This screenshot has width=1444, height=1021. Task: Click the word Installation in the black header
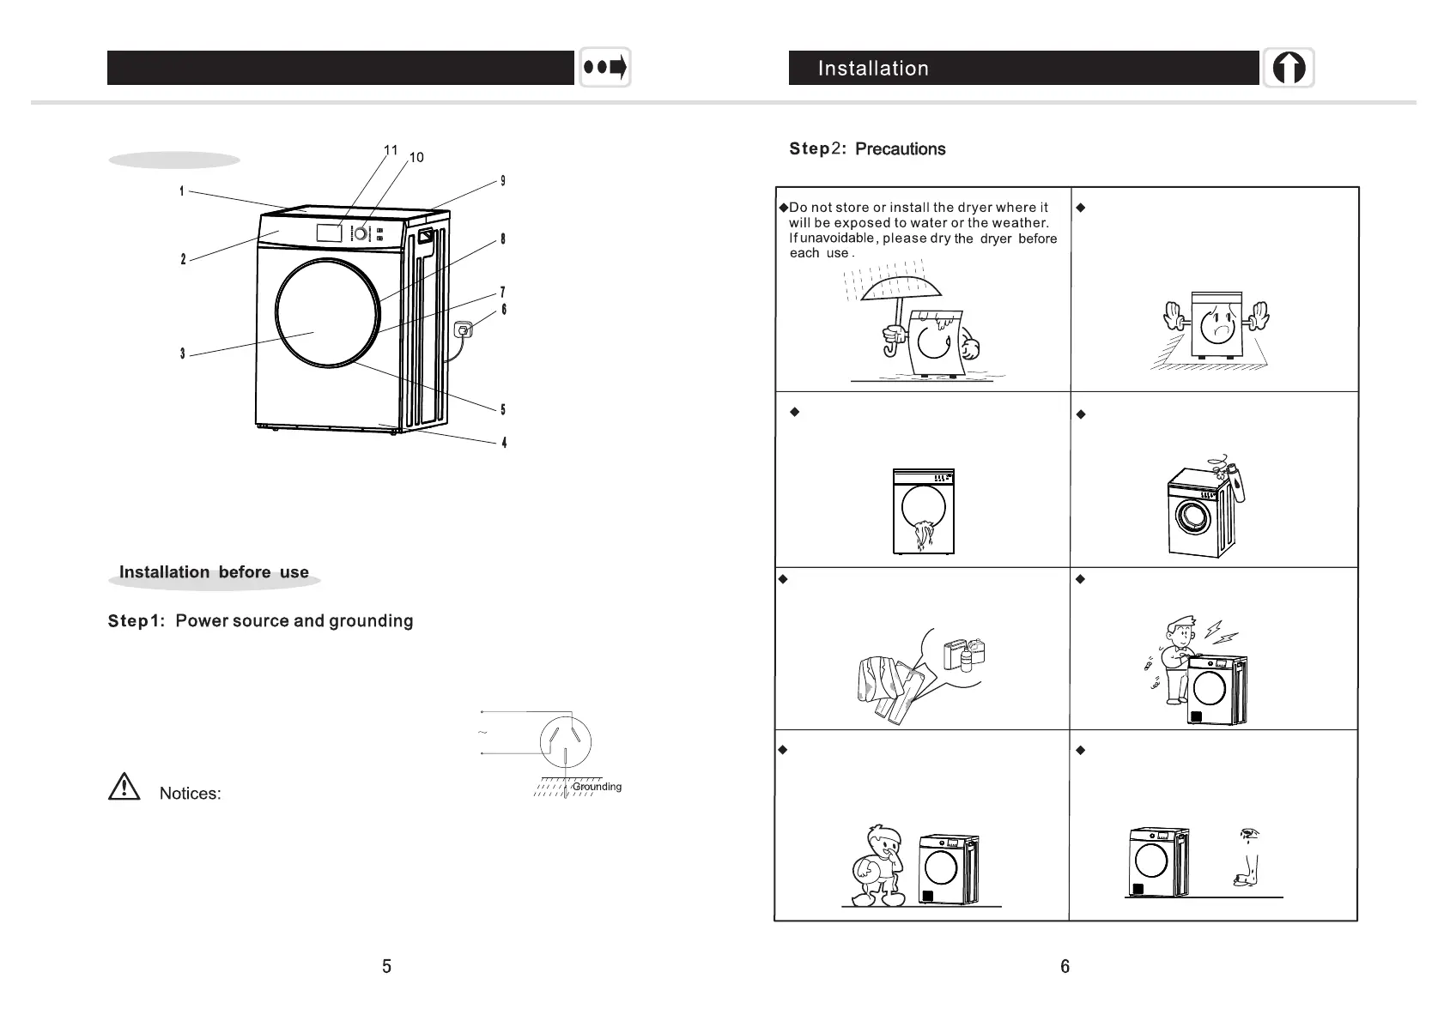[873, 69]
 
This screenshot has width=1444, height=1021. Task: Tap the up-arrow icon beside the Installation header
[1288, 68]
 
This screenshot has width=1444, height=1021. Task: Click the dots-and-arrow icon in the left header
[605, 67]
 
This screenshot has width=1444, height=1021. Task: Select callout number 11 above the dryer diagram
[391, 150]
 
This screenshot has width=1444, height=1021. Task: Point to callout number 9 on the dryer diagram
[503, 181]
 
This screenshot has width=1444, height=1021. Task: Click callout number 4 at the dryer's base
[504, 444]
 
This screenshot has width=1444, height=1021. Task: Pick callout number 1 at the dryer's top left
[182, 191]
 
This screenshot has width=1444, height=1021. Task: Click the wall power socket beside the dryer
[465, 330]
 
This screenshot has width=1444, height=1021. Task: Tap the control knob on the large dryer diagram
[362, 233]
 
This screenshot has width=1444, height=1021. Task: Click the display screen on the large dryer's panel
[330, 233]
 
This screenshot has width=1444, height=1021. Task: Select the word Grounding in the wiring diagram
[597, 787]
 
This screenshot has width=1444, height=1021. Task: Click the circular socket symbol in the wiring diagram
[565, 739]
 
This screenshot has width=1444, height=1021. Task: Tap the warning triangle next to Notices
[124, 787]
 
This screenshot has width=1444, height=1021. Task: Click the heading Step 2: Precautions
[867, 149]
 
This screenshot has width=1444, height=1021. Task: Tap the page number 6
[1065, 967]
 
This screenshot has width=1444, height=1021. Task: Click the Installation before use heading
[214, 572]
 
